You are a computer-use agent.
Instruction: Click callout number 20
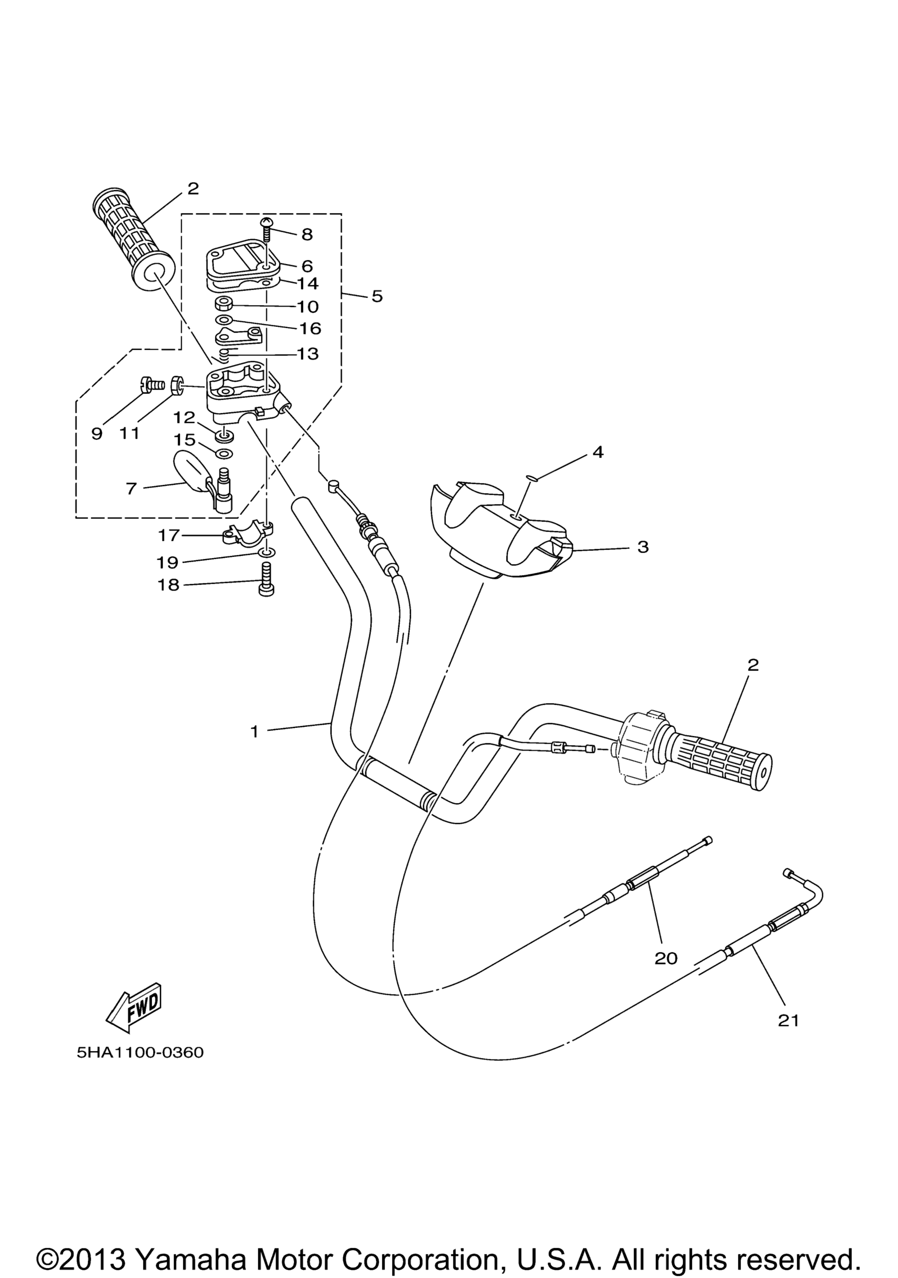point(666,958)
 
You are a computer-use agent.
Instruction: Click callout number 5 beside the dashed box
point(378,296)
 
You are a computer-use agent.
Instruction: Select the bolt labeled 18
point(267,579)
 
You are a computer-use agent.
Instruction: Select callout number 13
point(308,353)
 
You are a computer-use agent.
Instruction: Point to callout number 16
point(310,328)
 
